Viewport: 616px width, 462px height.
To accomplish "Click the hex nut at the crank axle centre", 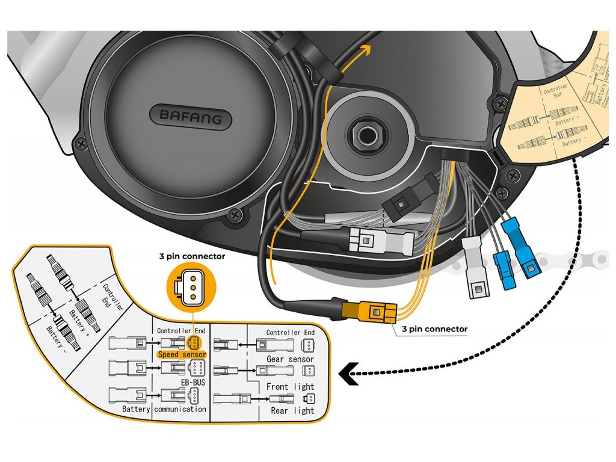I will point(364,134).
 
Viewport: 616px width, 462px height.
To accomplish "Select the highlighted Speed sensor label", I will point(181,355).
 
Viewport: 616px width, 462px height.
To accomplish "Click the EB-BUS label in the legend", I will point(194,381).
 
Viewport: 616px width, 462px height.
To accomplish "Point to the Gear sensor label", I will point(291,359).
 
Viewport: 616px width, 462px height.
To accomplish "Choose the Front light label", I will point(291,386).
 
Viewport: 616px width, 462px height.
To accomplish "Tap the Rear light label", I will point(292,410).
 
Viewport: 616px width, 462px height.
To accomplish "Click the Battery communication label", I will point(164,409).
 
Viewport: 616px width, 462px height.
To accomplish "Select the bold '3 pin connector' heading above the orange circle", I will point(193,256).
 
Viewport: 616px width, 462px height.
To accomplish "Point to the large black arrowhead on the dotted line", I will point(347,375).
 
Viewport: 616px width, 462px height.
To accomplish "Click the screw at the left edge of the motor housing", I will point(79,144).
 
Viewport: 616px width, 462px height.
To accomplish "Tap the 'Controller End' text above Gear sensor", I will point(291,333).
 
